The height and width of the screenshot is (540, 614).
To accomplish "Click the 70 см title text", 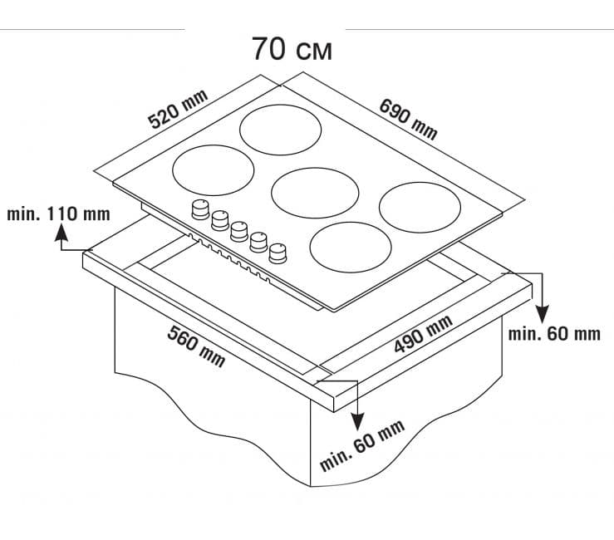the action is point(292,49).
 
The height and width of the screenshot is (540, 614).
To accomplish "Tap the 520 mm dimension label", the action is point(178,109).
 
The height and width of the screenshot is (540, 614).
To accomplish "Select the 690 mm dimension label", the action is point(408,119).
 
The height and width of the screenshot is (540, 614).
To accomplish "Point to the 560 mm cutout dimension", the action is point(196,346).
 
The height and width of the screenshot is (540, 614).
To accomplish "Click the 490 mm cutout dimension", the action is point(423,334).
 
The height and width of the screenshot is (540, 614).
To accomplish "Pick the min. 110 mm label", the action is point(59,214).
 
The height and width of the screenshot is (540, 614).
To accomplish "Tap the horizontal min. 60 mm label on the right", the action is point(554,334).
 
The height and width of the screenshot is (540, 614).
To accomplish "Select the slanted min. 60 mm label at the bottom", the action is point(361,445).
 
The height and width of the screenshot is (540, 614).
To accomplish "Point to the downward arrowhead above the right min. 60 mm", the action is point(542,314).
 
